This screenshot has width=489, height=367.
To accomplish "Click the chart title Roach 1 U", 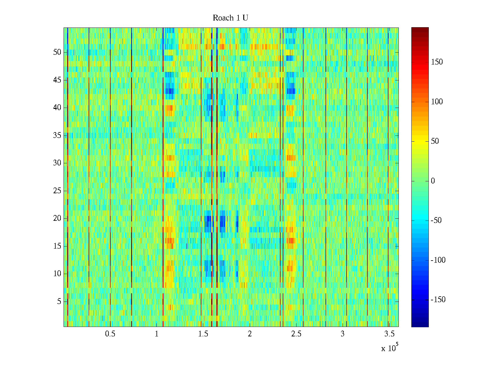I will (x=230, y=18).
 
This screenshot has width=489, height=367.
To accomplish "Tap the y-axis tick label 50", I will (x=57, y=52).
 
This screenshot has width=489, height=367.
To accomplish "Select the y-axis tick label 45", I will (x=57, y=80).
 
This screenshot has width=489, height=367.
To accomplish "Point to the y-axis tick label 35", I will (x=57, y=135).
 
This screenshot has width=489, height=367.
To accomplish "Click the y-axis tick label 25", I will (x=57, y=191).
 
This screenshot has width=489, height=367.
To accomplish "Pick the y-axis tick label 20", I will (x=57, y=218).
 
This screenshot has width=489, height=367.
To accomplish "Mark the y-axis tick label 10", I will (x=57, y=274).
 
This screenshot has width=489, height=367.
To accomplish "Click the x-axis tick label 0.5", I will (x=110, y=334).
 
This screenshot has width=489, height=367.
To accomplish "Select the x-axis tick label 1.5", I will (x=203, y=334).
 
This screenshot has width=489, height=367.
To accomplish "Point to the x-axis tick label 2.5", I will (x=296, y=334).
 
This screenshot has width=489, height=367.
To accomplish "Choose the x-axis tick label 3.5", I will (x=389, y=334).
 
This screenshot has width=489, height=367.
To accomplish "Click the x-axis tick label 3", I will (x=343, y=334).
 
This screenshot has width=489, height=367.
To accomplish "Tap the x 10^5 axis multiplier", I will (x=389, y=348).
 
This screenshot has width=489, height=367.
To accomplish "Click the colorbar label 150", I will (x=437, y=62).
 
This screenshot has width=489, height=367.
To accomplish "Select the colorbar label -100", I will (x=438, y=260).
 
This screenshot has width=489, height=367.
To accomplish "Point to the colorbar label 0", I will (x=433, y=181).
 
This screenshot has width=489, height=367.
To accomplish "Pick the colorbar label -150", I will (x=438, y=300).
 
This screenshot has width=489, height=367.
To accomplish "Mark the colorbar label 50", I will (x=435, y=141).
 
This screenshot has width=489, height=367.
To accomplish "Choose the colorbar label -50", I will (x=436, y=221).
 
